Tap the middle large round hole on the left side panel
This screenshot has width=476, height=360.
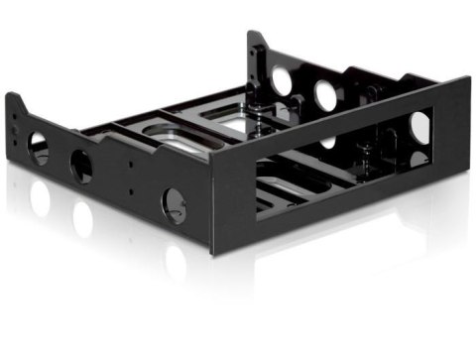81,166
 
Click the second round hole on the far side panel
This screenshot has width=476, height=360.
324,93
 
